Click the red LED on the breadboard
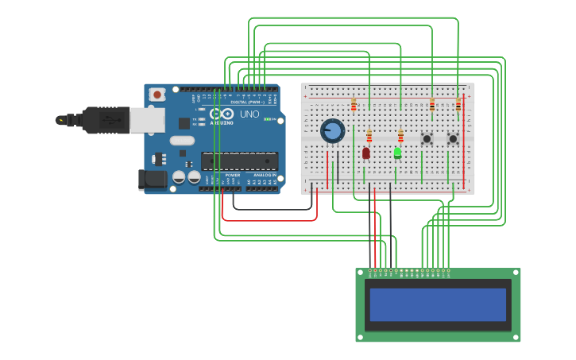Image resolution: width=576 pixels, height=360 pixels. click(366, 153)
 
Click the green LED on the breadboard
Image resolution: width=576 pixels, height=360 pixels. click(397, 152)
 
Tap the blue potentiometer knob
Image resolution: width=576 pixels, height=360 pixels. click(333, 131)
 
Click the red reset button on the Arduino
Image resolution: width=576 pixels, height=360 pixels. click(157, 95)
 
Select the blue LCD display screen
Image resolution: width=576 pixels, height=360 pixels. click(438, 304)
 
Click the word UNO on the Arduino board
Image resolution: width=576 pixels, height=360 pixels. click(249, 114)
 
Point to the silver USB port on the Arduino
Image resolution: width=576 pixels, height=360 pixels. click(147, 120)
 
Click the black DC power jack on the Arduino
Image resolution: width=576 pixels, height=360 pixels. click(153, 180)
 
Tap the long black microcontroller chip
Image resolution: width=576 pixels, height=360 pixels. click(238, 161)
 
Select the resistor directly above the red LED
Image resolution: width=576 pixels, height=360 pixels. click(369, 136)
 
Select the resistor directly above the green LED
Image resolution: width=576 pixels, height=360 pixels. click(400, 136)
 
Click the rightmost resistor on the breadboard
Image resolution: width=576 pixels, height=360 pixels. click(458, 104)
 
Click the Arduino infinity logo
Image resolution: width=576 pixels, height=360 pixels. click(222, 114)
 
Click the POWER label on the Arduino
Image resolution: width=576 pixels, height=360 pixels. click(232, 175)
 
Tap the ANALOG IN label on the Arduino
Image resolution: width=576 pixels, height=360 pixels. click(265, 175)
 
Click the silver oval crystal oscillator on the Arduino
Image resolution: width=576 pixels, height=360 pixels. click(181, 141)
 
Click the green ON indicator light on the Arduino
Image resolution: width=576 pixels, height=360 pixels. click(268, 119)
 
